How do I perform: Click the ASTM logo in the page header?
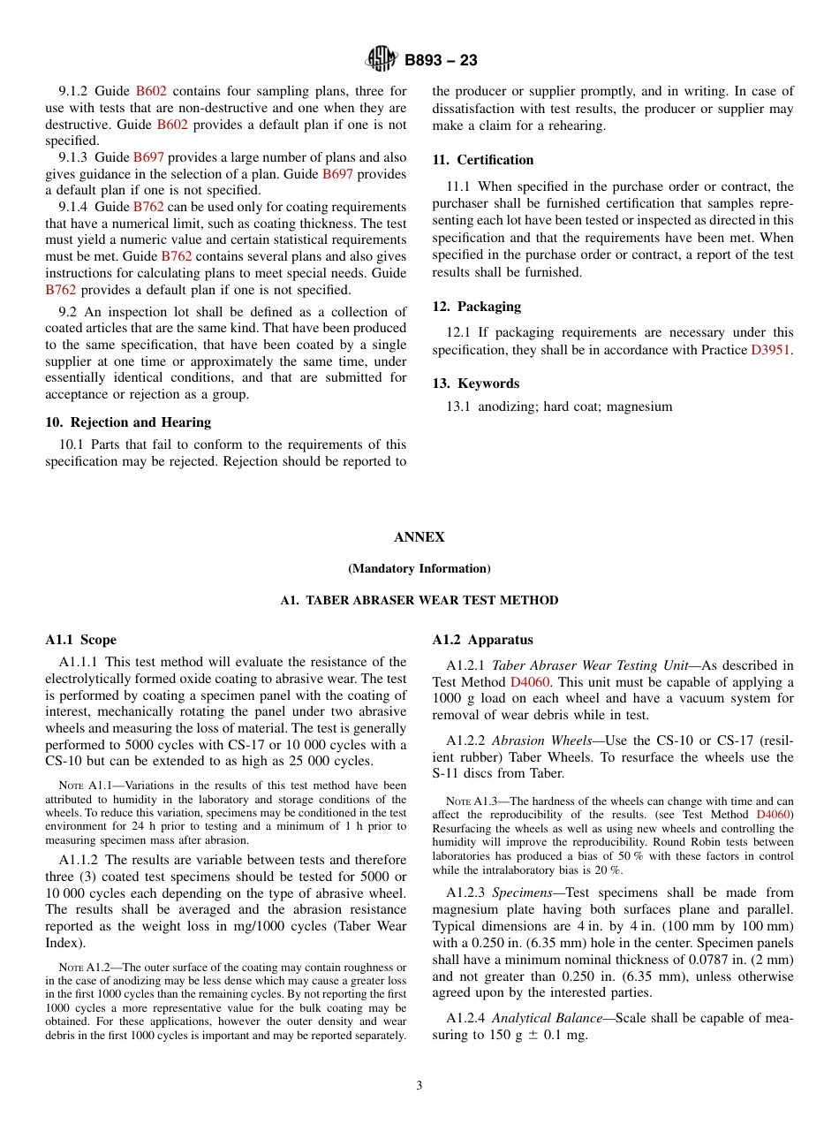pyautogui.click(x=382, y=60)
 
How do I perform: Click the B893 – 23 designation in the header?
pyautogui.click(x=441, y=61)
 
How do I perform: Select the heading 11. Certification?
pyautogui.click(x=482, y=160)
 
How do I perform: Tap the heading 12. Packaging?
pyautogui.click(x=476, y=307)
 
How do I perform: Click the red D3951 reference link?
pyautogui.click(x=771, y=350)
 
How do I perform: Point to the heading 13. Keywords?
pyautogui.click(x=475, y=384)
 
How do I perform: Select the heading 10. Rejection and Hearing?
pyautogui.click(x=128, y=422)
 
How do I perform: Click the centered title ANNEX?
pyautogui.click(x=419, y=537)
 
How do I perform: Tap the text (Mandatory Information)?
pyautogui.click(x=419, y=568)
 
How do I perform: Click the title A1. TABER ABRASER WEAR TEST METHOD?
pyautogui.click(x=419, y=600)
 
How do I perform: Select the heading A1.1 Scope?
pyautogui.click(x=80, y=640)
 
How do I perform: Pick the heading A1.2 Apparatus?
pyautogui.click(x=482, y=640)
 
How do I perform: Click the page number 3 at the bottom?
pyautogui.click(x=419, y=1086)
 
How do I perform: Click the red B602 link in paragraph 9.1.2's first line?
pyautogui.click(x=151, y=91)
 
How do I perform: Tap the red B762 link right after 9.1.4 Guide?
pyautogui.click(x=148, y=207)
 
